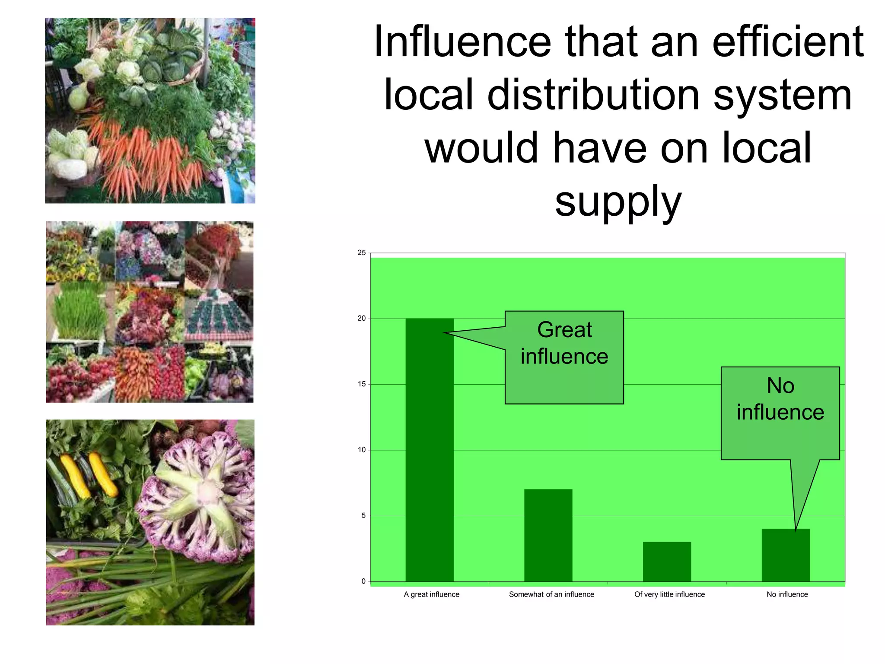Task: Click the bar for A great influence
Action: tap(429, 450)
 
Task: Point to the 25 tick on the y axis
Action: tap(362, 253)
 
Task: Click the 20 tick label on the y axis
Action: tap(362, 319)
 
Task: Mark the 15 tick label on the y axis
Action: tap(362, 384)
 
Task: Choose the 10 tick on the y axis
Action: tap(362, 450)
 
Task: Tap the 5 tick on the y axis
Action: tap(363, 516)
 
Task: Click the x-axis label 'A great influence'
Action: tap(431, 594)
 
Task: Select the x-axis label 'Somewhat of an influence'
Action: tap(551, 594)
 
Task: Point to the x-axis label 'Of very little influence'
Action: tap(669, 594)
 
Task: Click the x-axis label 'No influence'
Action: tap(787, 594)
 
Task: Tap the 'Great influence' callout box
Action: tap(564, 357)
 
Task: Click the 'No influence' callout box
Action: tap(780, 413)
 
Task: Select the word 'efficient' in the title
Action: tap(787, 42)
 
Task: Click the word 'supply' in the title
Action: tap(618, 201)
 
